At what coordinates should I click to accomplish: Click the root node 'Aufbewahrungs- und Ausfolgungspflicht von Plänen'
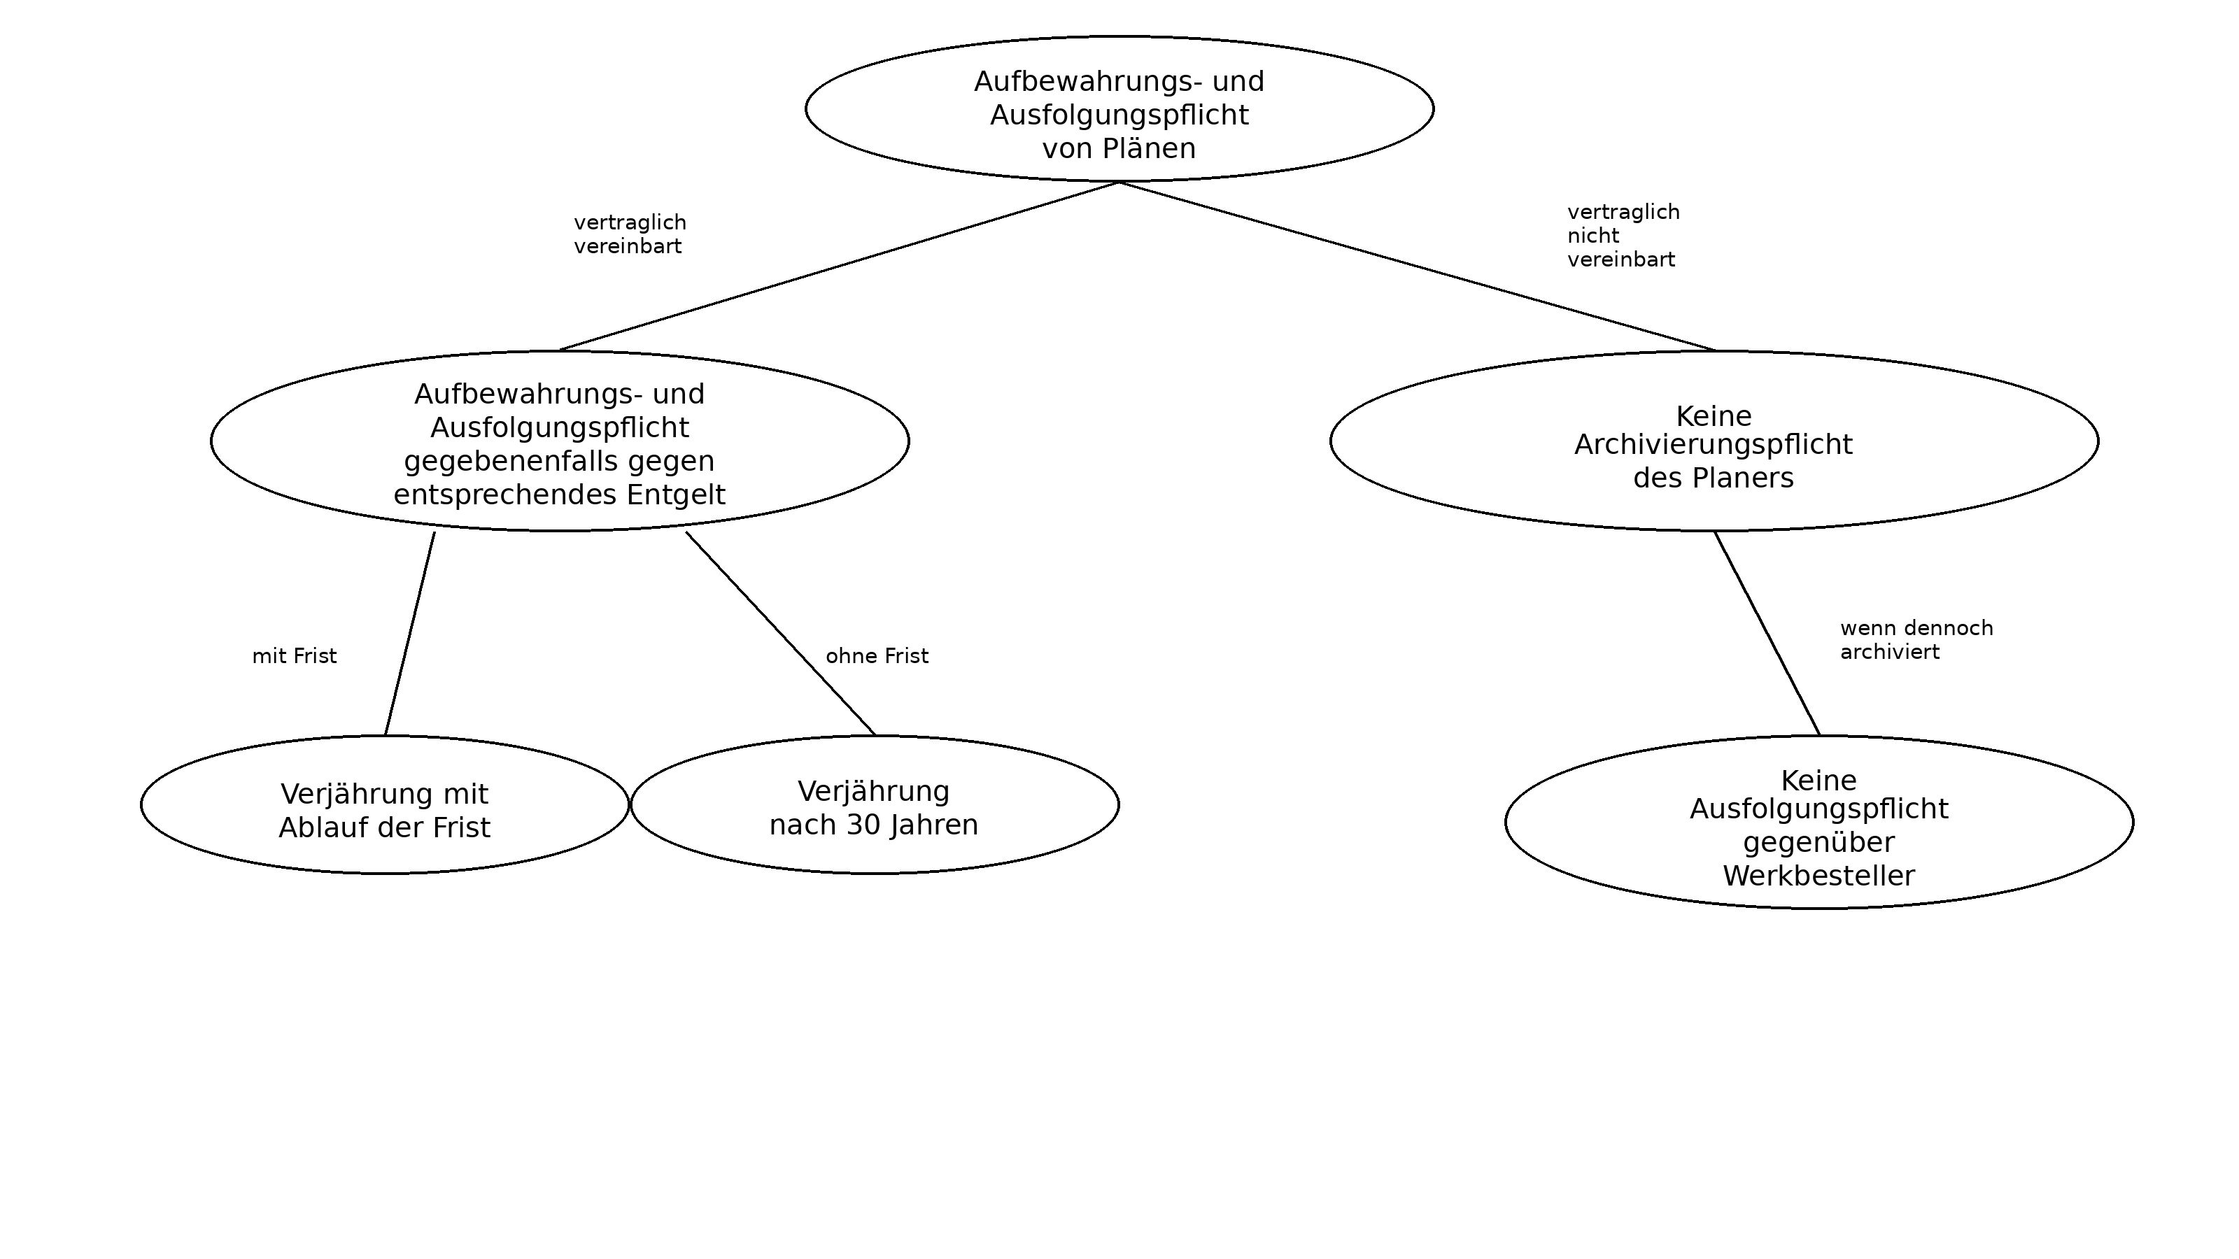(1119, 108)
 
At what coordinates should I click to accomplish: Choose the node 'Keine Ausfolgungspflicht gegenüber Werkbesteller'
(1818, 822)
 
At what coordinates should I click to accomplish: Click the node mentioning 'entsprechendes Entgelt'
(560, 441)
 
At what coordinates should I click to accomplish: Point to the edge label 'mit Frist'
(294, 656)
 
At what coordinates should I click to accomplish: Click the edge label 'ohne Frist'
(876, 656)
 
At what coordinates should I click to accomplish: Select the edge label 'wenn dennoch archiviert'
(1916, 639)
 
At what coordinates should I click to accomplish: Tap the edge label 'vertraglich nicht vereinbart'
(1623, 236)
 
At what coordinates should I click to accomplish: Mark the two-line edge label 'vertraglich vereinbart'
(629, 234)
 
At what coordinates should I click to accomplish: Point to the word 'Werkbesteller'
(1818, 876)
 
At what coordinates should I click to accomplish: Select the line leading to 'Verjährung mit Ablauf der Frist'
(410, 634)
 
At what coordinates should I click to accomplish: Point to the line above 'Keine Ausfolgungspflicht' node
(1766, 634)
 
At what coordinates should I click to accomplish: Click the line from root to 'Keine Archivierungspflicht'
(1417, 266)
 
